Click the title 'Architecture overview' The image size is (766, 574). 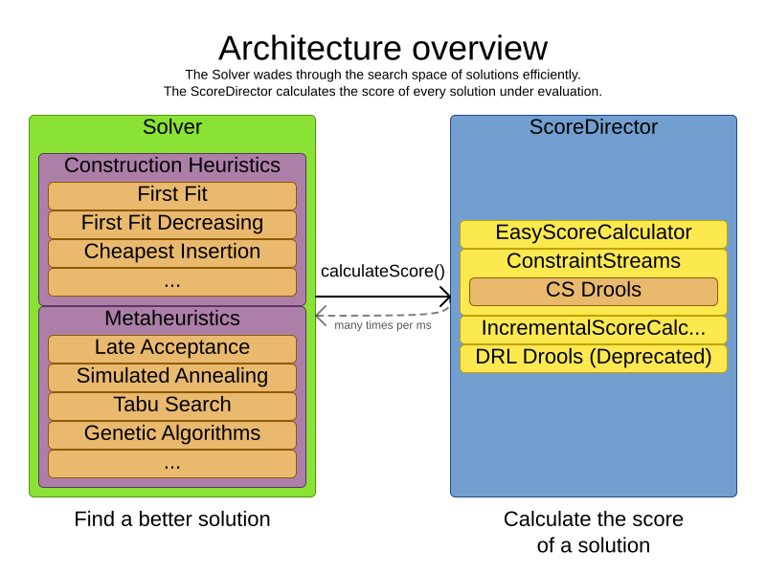coord(383,48)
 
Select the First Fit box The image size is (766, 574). coord(172,195)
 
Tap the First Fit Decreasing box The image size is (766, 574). coord(172,224)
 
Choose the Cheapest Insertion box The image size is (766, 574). coord(172,253)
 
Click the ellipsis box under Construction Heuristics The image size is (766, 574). coord(172,282)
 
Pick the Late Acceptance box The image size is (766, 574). coord(172,348)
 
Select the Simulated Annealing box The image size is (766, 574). coord(172,377)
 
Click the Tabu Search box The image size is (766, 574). coord(172,406)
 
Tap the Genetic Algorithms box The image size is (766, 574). coord(172,434)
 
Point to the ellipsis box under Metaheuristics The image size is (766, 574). coord(172,464)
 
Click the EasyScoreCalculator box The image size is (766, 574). coord(593,233)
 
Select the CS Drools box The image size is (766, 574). coord(593,291)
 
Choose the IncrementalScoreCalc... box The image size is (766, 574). coord(593,329)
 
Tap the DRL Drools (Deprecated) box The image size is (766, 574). coord(593,358)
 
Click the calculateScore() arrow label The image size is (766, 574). coord(383,271)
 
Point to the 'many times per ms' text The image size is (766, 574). coord(383,325)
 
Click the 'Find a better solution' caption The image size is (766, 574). coord(172,519)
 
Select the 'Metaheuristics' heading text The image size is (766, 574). coord(172,319)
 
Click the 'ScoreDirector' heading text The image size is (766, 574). coord(593,127)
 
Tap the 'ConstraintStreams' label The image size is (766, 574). coord(593,261)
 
